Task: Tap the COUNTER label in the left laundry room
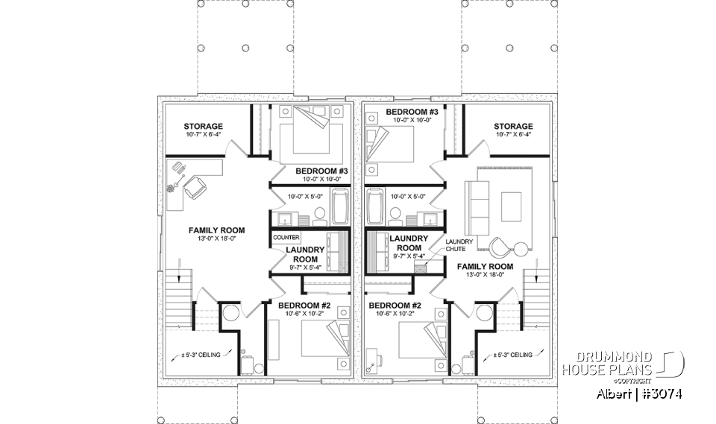(286, 237)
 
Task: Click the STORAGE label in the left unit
(204, 127)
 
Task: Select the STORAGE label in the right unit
(513, 127)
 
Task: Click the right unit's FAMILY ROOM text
(485, 266)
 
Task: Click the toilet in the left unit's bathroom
(319, 215)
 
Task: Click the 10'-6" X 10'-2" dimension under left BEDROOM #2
(304, 314)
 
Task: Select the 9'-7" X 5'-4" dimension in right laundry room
(409, 256)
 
